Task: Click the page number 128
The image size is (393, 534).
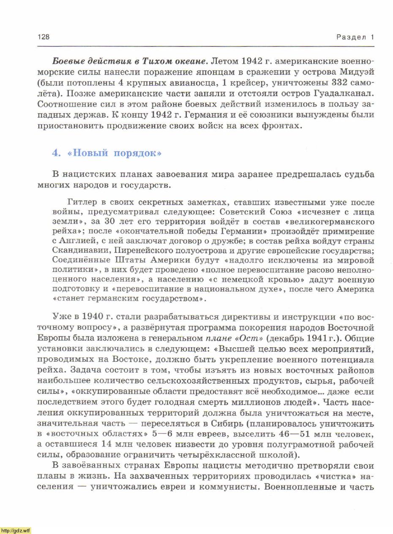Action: point(44,37)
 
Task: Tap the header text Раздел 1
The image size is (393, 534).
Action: point(355,37)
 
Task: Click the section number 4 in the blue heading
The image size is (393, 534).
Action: point(55,153)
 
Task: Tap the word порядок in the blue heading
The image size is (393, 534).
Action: point(138,153)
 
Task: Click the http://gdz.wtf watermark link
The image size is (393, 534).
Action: point(16,531)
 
